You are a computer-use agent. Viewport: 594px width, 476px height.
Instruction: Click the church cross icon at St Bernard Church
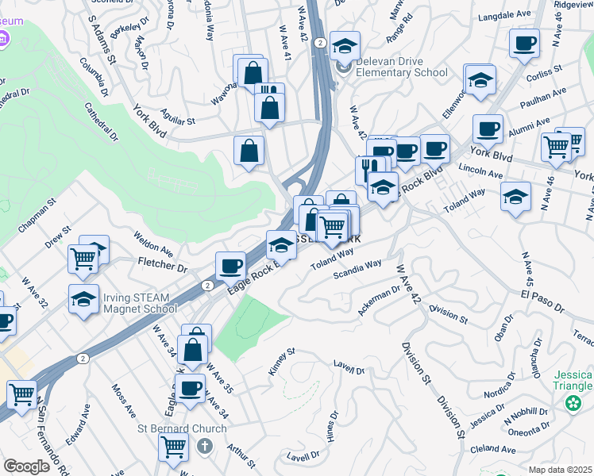click(x=206, y=445)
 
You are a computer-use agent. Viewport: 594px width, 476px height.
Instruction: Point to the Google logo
click(x=28, y=466)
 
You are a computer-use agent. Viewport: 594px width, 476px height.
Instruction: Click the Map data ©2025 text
click(x=560, y=470)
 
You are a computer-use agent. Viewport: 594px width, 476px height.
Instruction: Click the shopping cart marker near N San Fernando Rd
click(x=21, y=393)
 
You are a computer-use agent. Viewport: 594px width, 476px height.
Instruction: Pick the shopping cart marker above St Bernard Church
click(x=173, y=446)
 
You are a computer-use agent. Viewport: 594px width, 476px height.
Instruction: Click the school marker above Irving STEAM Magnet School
click(x=83, y=298)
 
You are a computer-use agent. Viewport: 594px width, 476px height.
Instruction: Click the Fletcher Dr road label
click(x=161, y=262)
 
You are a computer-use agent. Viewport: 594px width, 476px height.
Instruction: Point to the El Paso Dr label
click(x=542, y=301)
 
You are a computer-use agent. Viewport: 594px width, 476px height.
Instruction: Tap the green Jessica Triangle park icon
click(x=572, y=404)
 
